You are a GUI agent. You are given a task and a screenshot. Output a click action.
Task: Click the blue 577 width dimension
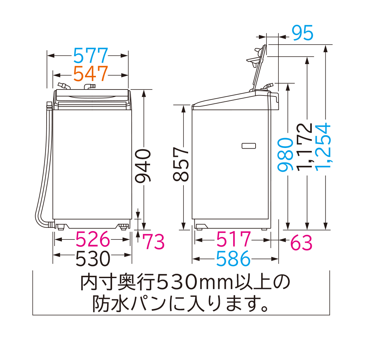tap(90, 55)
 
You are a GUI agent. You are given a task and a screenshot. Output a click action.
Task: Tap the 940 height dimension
tap(143, 165)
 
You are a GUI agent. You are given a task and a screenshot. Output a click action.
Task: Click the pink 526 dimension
tap(92, 240)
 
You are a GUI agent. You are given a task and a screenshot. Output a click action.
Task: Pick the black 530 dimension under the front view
tap(92, 259)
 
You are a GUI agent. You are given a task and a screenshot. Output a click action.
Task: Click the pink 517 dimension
tap(233, 240)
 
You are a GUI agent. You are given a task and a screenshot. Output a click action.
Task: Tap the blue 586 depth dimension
tap(233, 259)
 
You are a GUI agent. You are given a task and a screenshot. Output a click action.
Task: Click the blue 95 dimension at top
tap(302, 33)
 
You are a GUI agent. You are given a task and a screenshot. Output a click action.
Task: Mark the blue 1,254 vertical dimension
tap(323, 145)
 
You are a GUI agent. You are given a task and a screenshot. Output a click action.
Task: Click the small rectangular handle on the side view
tap(249, 146)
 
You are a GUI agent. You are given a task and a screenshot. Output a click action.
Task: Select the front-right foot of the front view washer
tap(123, 227)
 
